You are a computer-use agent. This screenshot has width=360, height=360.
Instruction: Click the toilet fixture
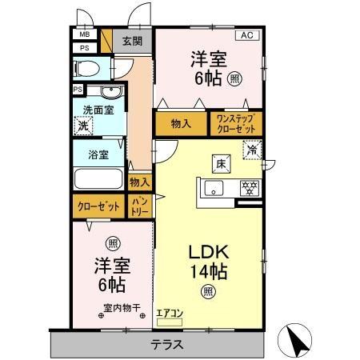coord(90,67)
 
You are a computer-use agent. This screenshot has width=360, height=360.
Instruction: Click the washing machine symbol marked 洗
coord(82,126)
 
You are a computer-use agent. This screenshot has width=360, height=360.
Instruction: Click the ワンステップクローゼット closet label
coord(235,123)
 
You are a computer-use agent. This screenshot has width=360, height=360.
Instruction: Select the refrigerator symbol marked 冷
coord(251,150)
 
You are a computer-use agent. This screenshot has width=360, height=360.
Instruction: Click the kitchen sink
coord(214,189)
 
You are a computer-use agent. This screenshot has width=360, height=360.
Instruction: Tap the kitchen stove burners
coord(249,189)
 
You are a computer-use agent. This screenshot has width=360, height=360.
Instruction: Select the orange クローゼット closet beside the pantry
coord(99,206)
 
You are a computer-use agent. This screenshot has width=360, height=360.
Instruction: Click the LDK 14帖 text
coord(207,261)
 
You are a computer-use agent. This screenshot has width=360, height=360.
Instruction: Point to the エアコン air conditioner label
coord(170,313)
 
